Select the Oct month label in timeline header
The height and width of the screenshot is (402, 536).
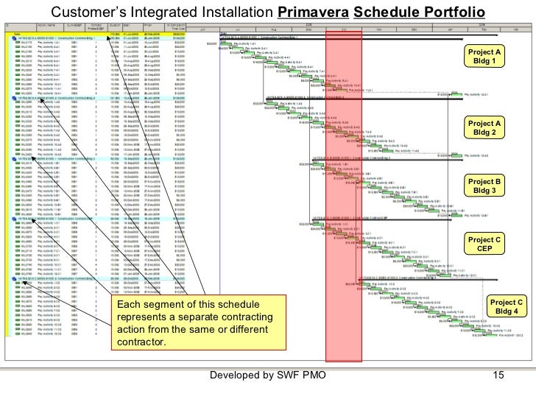[343, 30]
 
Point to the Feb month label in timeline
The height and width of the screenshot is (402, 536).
[484, 30]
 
